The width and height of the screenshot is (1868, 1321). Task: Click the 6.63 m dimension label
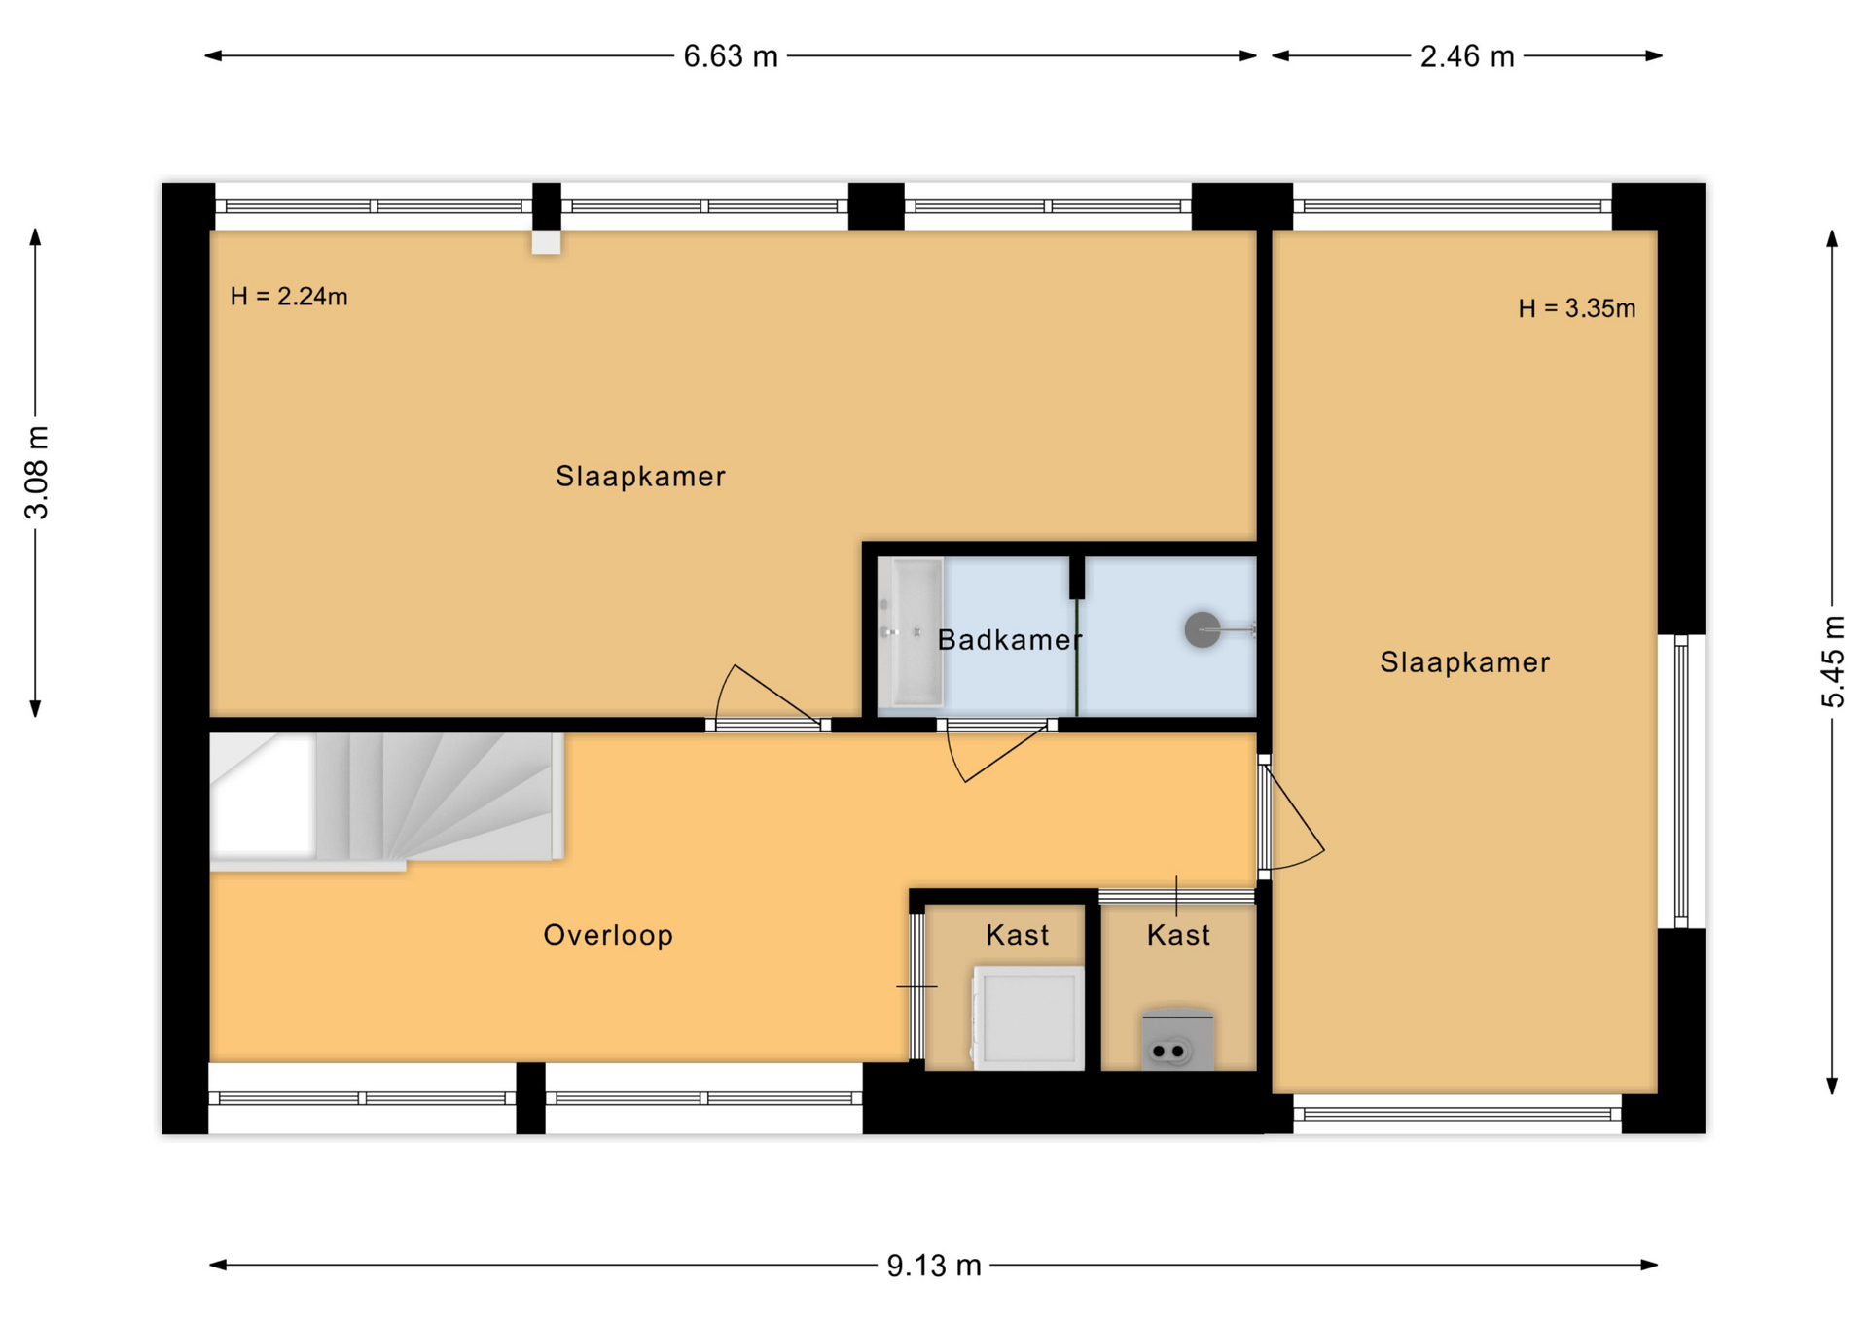(x=731, y=56)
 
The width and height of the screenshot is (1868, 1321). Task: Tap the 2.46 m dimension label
(x=1467, y=56)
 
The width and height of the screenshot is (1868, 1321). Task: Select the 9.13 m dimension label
(x=934, y=1266)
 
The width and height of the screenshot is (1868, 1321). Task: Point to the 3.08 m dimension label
(x=36, y=473)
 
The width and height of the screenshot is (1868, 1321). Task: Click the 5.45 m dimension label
(x=1833, y=661)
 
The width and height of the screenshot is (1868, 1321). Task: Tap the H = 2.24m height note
(x=289, y=297)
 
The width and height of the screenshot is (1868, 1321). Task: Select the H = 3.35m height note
(x=1577, y=308)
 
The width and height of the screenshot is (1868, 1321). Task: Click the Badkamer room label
(x=1010, y=640)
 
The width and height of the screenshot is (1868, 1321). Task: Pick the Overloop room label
(x=608, y=935)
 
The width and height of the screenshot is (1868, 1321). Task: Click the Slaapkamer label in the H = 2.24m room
(x=640, y=477)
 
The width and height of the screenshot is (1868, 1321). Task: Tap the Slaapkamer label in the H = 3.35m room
(x=1464, y=662)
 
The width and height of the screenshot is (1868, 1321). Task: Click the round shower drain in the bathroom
(x=1203, y=629)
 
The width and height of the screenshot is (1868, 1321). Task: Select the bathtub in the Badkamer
(x=911, y=631)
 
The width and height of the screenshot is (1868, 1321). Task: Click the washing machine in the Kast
(x=1028, y=1018)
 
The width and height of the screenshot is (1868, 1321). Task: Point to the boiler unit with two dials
(x=1177, y=1040)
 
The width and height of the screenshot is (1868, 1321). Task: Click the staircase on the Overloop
(x=387, y=798)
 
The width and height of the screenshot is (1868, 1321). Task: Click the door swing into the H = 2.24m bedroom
(x=768, y=694)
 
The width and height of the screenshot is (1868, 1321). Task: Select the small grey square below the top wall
(x=546, y=242)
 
